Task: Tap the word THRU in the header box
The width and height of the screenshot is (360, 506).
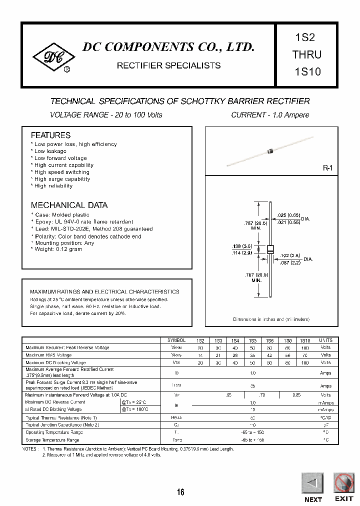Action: (307, 54)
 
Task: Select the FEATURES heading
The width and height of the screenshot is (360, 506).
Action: (50, 135)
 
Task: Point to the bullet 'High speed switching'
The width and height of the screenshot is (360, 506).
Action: (62, 172)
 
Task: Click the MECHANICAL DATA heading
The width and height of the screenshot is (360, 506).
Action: (69, 205)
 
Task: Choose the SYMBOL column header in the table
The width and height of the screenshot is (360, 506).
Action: (176, 340)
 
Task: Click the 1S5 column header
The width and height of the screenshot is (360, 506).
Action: (252, 340)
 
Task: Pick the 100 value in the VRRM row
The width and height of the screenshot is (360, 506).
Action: (304, 347)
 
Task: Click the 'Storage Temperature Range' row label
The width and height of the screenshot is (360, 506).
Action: (52, 440)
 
